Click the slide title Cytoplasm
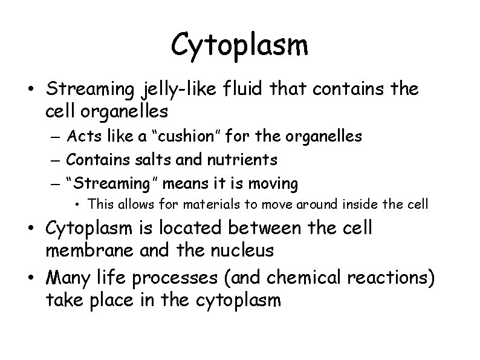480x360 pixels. tap(239, 45)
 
